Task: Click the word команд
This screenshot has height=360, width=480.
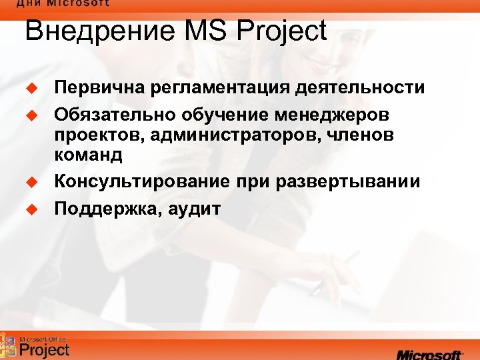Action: (89, 155)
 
